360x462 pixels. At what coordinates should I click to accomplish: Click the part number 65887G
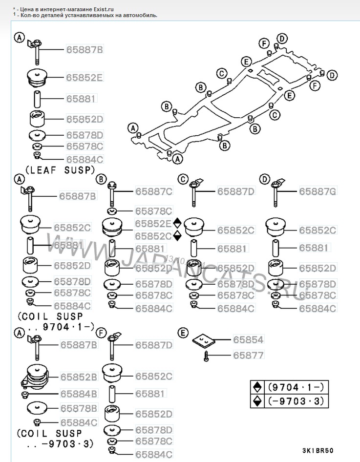[x=317, y=192]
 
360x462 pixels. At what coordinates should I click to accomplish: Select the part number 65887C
[x=153, y=192]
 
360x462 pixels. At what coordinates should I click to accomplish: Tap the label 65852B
[x=79, y=377]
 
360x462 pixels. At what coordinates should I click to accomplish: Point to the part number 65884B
[x=79, y=393]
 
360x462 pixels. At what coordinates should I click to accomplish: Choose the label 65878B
[x=79, y=408]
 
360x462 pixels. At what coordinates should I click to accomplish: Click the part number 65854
[x=248, y=339]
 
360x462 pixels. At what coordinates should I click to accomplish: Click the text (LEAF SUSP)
[x=59, y=170]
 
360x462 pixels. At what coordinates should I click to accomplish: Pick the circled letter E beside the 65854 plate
[x=183, y=333]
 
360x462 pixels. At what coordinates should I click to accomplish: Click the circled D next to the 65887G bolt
[x=264, y=179]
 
